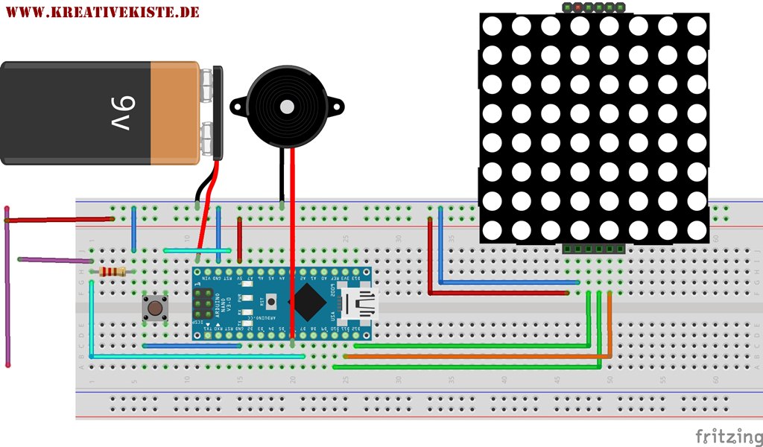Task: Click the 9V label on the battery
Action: click(x=104, y=112)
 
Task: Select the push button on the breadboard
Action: click(x=155, y=308)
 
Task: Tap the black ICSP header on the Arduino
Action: click(x=202, y=304)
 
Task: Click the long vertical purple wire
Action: click(x=7, y=291)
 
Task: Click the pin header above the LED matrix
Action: click(x=593, y=7)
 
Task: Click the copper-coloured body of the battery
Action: click(x=175, y=112)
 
